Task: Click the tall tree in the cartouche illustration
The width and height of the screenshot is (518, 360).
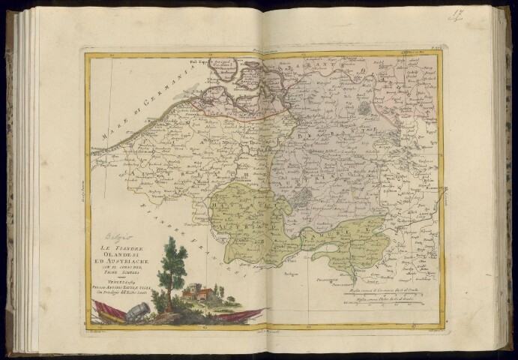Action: coord(174,262)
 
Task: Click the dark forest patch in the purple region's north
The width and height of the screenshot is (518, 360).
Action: coord(364,108)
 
